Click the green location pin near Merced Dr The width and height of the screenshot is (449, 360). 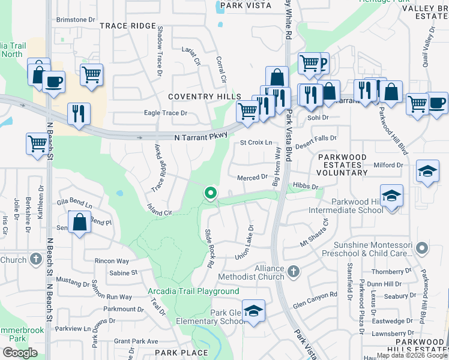[x=211, y=193]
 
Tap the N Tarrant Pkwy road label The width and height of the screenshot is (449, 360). [x=201, y=137]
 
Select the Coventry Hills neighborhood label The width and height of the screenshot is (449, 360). [x=204, y=96]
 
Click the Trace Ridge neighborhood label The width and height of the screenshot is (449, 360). [x=127, y=26]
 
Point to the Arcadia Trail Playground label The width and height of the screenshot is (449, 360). [x=193, y=292]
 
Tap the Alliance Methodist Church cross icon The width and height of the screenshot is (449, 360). [x=294, y=272]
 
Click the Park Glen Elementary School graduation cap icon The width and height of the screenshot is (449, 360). [x=254, y=311]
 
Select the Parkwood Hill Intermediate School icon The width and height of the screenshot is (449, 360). [x=391, y=196]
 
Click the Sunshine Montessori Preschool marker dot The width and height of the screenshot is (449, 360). [x=422, y=247]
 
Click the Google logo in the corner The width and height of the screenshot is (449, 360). [x=20, y=353]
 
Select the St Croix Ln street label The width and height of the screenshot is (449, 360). [x=256, y=143]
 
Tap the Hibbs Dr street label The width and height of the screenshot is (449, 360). [x=306, y=187]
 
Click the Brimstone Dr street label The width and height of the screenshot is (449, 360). [x=76, y=20]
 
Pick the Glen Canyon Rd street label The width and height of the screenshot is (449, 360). [x=315, y=295]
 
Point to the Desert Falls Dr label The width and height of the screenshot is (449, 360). [x=316, y=138]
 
